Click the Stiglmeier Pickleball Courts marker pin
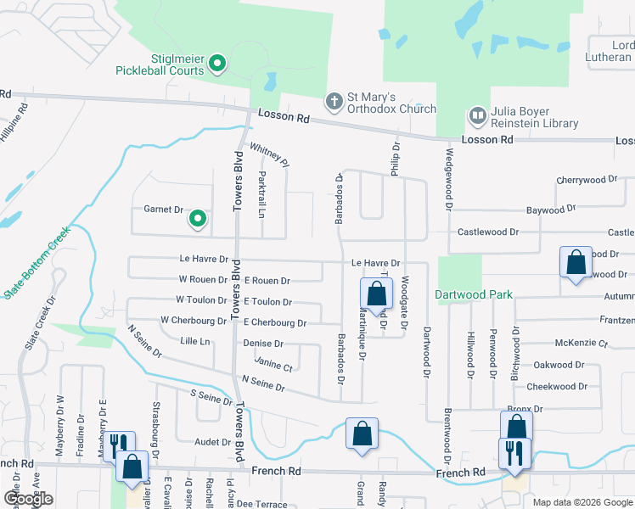216,64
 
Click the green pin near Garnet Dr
198,220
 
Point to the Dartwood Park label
474,295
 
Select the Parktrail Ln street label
261,193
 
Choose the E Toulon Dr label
267,302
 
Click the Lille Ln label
194,341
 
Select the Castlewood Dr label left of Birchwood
487,232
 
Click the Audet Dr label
212,442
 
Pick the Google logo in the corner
28,499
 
